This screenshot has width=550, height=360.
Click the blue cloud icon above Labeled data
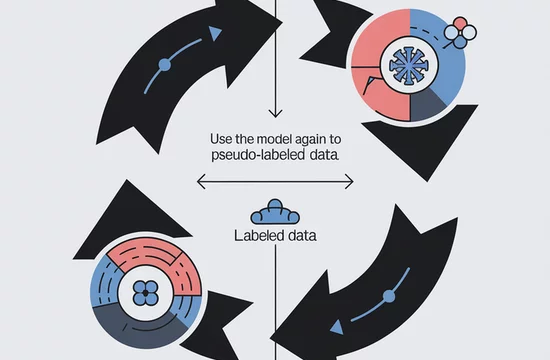[275, 212]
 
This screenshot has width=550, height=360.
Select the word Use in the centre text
[221, 139]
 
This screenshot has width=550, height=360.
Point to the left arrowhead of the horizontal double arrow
[201, 182]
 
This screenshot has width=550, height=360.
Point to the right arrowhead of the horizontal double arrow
[349, 182]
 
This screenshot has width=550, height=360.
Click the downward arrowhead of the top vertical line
[275, 113]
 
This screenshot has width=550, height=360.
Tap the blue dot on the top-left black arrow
[165, 65]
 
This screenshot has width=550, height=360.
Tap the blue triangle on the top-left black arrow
[214, 34]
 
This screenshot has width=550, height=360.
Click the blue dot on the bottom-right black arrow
[389, 296]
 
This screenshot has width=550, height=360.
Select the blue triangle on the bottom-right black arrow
[337, 327]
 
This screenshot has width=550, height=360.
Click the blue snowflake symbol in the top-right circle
[408, 66]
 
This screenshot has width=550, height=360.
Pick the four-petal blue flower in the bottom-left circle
[146, 293]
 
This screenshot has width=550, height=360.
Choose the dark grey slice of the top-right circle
[427, 105]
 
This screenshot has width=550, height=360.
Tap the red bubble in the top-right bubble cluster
[460, 23]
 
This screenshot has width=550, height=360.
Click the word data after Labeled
[302, 235]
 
